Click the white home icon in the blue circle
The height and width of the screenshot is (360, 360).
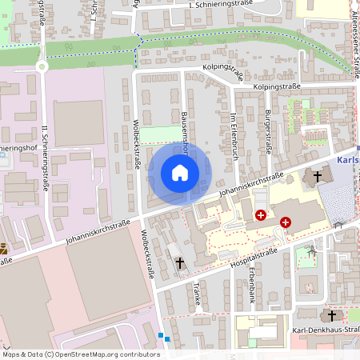pos(179,172)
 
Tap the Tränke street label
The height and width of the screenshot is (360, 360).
pos(196,294)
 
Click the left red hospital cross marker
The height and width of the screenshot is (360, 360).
pos(261,215)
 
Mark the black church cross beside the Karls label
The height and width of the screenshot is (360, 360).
pos(317,175)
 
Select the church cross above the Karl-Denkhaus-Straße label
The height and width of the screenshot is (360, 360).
pos(331,316)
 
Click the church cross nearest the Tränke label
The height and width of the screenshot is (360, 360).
pos(180,262)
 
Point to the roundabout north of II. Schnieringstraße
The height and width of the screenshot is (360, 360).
pos(41,67)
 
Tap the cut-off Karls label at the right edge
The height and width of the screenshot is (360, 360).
pos(348,158)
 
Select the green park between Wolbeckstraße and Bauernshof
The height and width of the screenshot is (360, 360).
pos(161,134)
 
